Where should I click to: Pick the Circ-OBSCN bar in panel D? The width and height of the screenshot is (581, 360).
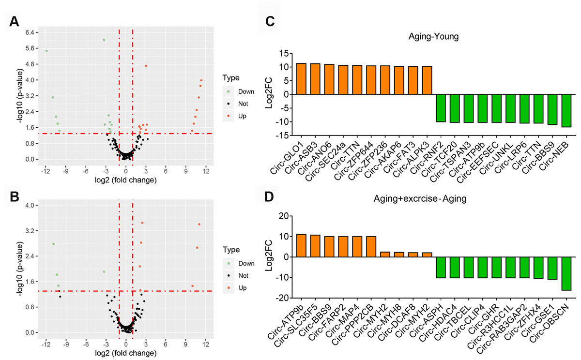(x=567, y=273)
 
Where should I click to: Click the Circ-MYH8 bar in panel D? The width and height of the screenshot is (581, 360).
(x=399, y=255)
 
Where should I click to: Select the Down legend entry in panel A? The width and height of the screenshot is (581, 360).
(x=245, y=91)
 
